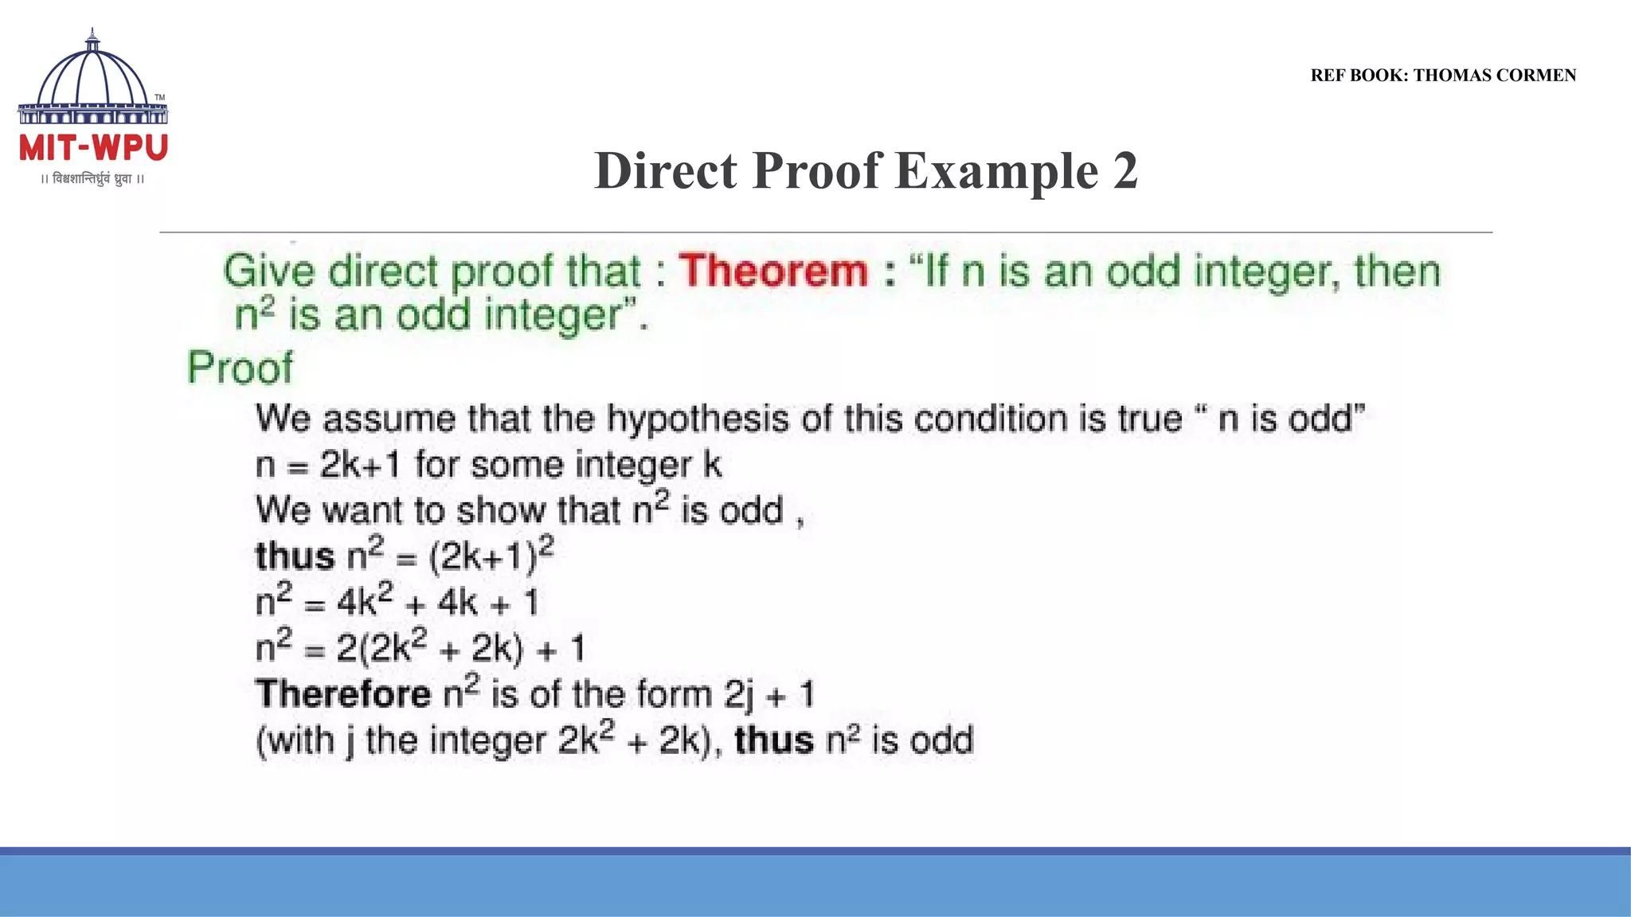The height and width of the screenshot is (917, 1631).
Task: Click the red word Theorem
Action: coord(773,271)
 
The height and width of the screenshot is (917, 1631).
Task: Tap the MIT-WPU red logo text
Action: coord(93,149)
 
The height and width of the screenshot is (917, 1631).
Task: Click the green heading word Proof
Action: coord(240,369)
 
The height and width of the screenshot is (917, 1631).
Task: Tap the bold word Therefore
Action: coord(343,694)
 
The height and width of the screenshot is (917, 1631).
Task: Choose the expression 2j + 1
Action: coord(769,695)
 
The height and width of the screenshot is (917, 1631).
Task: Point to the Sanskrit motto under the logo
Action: coord(92,179)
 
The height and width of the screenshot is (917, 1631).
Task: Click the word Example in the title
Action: coord(996,171)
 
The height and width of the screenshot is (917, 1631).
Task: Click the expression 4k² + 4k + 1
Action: coord(437,603)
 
